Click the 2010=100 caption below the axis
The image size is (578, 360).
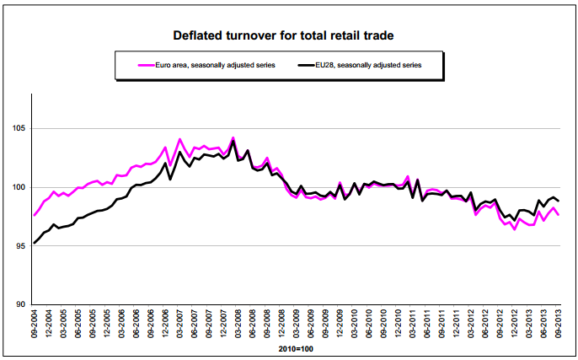coord(295,347)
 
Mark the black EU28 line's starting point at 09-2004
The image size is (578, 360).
coord(35,243)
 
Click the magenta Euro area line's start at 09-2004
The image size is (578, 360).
coord(35,215)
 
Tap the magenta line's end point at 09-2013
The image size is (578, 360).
coord(558,215)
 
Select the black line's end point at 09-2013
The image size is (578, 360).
coord(558,201)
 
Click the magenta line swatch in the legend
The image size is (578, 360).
coord(129,63)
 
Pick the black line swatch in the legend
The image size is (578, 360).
coord(300,63)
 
